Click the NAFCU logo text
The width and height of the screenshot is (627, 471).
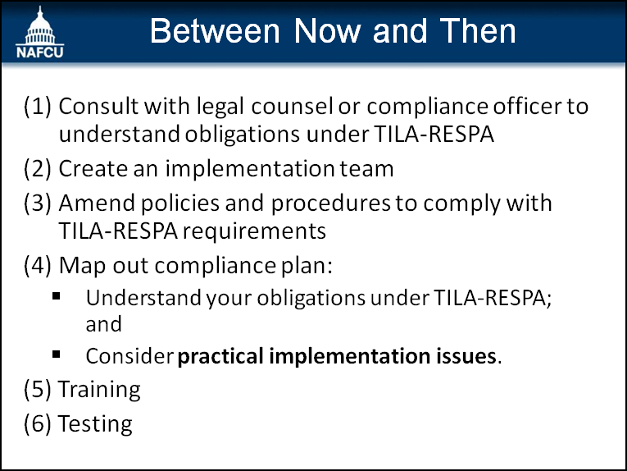pos(39,53)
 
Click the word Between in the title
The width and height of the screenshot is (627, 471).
pos(215,31)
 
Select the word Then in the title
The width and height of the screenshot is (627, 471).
pos(478,31)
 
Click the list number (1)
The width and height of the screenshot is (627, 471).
pos(38,107)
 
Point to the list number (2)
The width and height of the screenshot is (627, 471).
pos(38,168)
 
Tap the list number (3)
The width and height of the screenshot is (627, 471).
pos(38,203)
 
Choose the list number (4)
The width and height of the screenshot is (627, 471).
pos(38,265)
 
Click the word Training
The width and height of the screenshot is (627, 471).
pos(99,390)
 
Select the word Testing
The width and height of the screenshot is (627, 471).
pos(95,424)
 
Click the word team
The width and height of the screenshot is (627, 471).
pos(367,169)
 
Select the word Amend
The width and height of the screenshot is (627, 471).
pos(98,203)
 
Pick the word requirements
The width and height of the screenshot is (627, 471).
pos(254,231)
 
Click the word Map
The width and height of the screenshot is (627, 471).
pos(83,266)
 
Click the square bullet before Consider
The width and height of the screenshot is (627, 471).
pos(56,354)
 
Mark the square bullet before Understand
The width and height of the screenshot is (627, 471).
pos(56,296)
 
